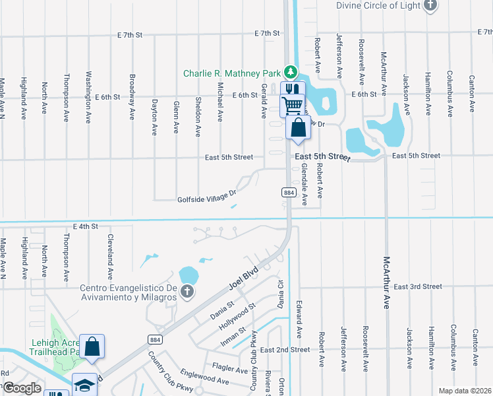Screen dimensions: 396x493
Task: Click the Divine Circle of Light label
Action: pos(378,5)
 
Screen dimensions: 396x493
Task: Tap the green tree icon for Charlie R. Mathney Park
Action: pos(290,72)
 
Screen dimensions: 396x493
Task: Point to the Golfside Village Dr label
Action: pos(206,197)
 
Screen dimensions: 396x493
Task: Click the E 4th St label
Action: pos(86,226)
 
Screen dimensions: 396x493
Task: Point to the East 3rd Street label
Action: pos(418,286)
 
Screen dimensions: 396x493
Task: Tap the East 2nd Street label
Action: pos(285,349)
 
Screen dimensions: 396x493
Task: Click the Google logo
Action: pos(22,388)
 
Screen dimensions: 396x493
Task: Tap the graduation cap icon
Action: pos(84,385)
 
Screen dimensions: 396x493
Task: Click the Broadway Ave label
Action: pos(132,96)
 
